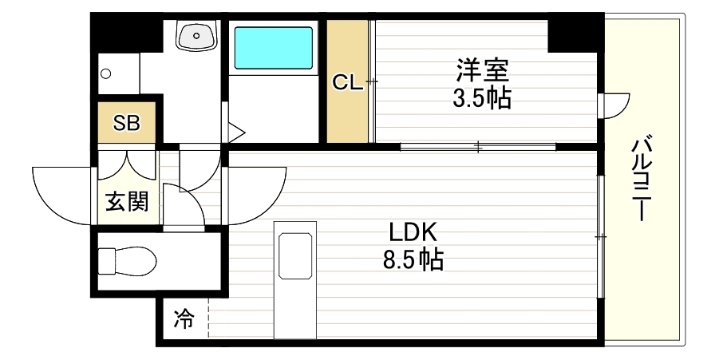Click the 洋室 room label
[482, 71]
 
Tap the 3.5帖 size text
[481, 98]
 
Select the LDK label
[413, 232]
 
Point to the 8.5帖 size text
[412, 259]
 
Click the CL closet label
[348, 82]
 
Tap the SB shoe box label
[126, 123]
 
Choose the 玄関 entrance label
[127, 202]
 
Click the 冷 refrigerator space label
[184, 321]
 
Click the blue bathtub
[272, 49]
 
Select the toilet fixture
[127, 261]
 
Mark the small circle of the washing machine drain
[105, 73]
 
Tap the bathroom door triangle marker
[235, 131]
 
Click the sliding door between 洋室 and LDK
[477, 146]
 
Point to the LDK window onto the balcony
[599, 236]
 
